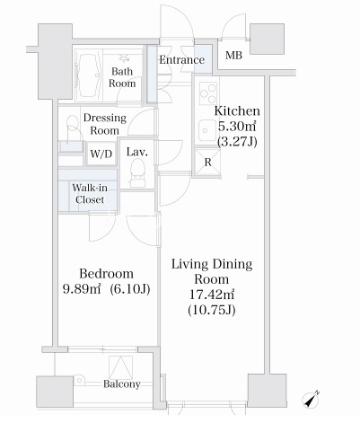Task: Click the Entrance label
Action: (181, 59)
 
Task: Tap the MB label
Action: (233, 55)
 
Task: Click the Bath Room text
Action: (122, 77)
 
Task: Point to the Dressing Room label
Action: (105, 124)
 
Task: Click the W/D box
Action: (101, 154)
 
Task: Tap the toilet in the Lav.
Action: (137, 172)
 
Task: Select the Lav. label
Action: (137, 152)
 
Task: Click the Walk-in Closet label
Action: (90, 194)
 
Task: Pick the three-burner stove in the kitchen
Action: (208, 93)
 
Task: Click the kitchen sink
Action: (206, 130)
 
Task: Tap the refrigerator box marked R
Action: (207, 162)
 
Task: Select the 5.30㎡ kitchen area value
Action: (237, 127)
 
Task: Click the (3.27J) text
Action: (237, 142)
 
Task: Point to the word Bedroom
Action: (106, 274)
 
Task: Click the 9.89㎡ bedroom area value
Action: (82, 289)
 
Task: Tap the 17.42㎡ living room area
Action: (212, 295)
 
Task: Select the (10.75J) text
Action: (212, 310)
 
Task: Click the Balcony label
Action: (122, 384)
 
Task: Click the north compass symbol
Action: (311, 400)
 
